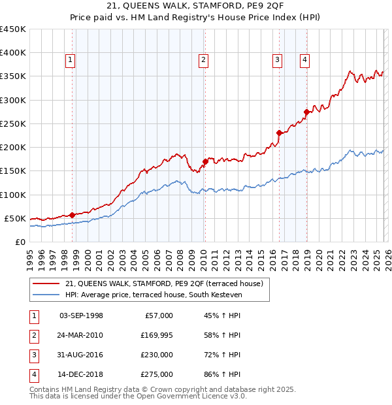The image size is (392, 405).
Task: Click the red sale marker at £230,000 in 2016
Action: click(279, 133)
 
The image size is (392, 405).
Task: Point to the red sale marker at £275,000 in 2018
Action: click(306, 112)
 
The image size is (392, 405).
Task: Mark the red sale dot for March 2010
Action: click(205, 161)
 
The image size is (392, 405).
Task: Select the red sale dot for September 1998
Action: click(73, 214)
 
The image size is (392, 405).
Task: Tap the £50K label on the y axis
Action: click(16, 218)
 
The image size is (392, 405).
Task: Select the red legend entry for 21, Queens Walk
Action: click(163, 283)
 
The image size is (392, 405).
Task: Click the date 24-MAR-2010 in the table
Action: click(81, 335)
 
